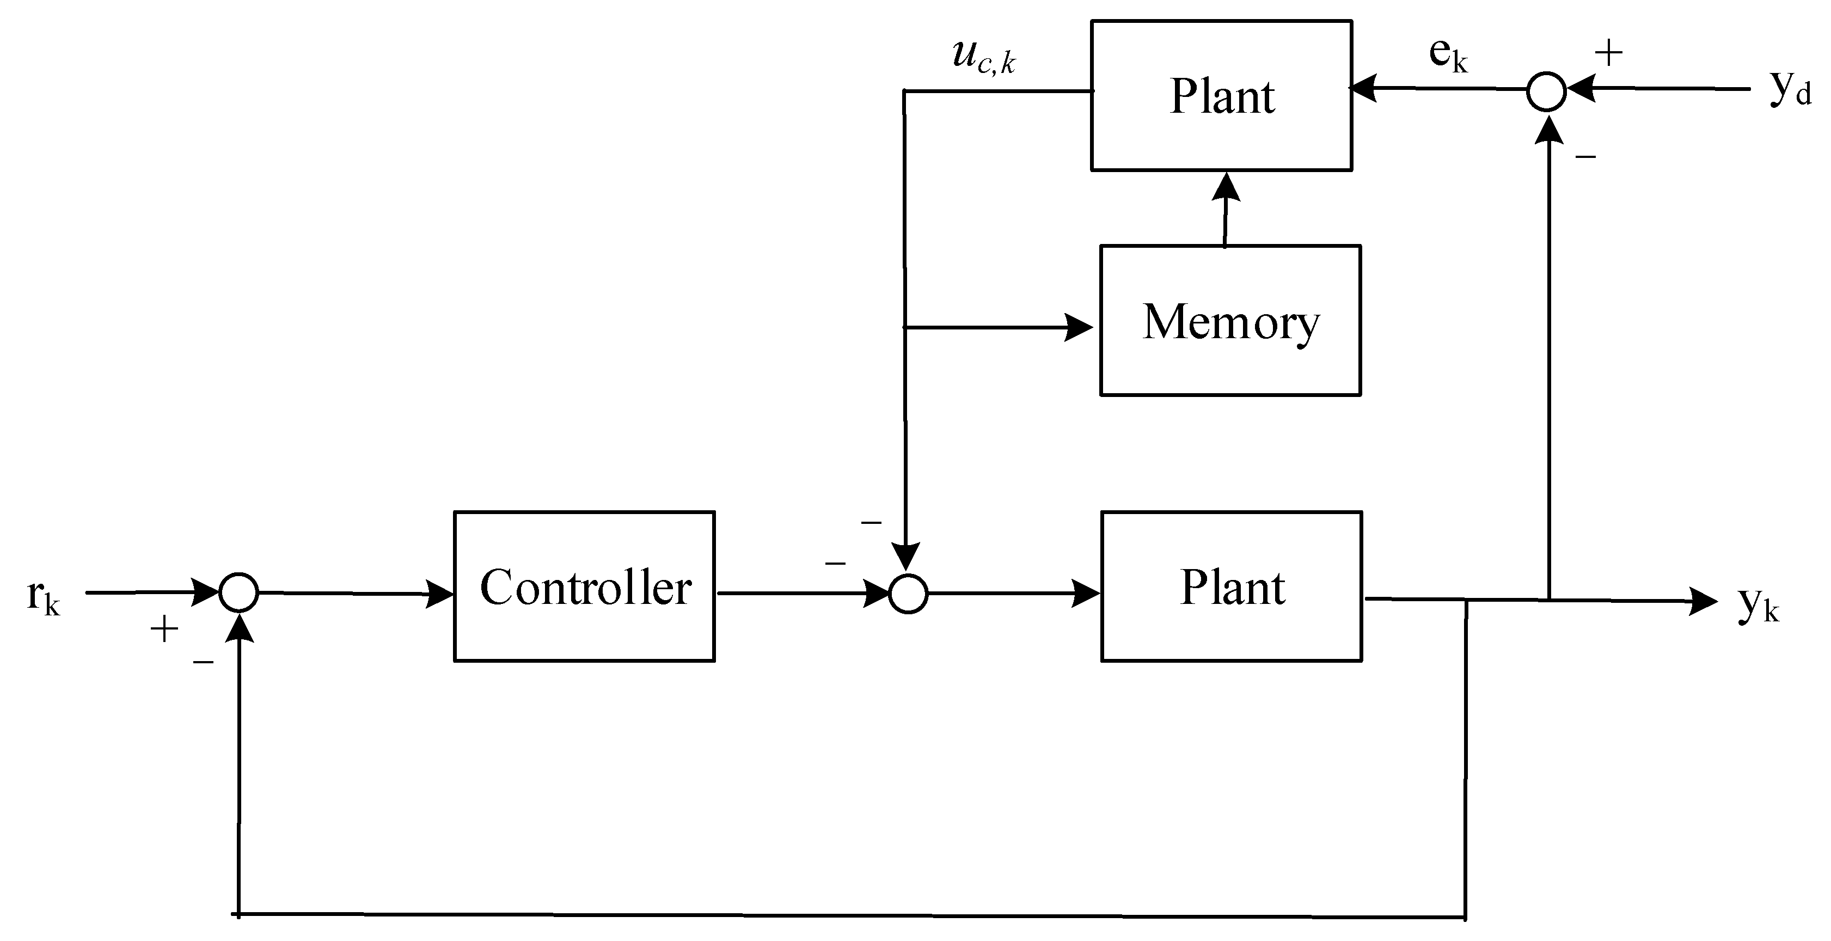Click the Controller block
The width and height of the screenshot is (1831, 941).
click(x=584, y=586)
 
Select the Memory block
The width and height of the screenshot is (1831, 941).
click(x=1230, y=321)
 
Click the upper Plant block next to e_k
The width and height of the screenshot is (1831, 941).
click(x=1221, y=95)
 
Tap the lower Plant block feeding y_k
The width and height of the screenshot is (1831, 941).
click(x=1231, y=586)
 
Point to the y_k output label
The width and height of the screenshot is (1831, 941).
click(x=1759, y=604)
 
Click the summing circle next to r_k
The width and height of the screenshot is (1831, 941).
click(x=238, y=592)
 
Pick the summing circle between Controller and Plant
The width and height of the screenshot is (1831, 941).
click(x=908, y=594)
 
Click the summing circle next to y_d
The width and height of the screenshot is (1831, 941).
click(x=1547, y=91)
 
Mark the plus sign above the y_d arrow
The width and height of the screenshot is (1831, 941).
click(x=1608, y=53)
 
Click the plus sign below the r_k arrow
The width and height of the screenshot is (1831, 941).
click(x=164, y=629)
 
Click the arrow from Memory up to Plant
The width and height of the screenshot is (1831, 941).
click(x=1226, y=210)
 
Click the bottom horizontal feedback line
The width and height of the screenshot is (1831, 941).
click(x=853, y=915)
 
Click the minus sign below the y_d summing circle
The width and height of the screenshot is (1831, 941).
click(x=1586, y=156)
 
